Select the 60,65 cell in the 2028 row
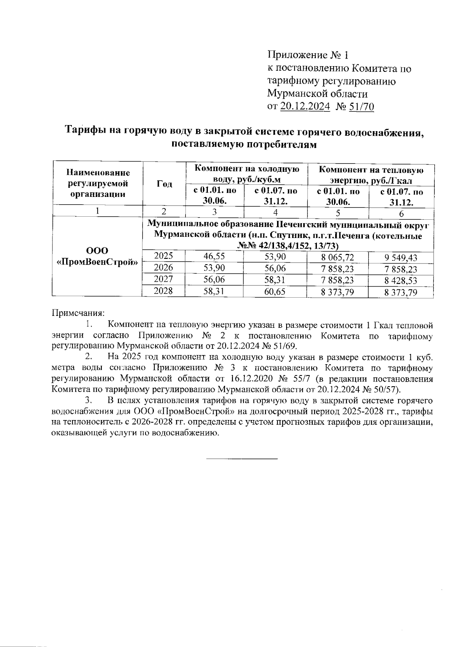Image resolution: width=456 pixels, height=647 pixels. pos(275,292)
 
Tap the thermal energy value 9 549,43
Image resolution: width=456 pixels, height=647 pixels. pos(401,258)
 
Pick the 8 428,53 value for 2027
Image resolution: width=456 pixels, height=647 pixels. pos(401,281)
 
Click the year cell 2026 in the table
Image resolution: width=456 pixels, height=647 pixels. pos(163,268)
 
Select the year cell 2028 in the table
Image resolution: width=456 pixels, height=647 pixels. pos(163,291)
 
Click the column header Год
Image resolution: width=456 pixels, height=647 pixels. pos(164,184)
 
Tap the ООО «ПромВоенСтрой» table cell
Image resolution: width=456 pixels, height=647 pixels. pos(97,256)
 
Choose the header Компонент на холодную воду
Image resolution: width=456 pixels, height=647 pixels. pos(247,174)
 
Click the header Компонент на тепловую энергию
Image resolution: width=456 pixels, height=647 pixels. pos(370,174)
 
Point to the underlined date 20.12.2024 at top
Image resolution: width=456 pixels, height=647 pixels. pos(305,107)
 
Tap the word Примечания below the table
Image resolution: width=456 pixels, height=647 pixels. pos(78,314)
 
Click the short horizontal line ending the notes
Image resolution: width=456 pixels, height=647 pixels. pos(242,459)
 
